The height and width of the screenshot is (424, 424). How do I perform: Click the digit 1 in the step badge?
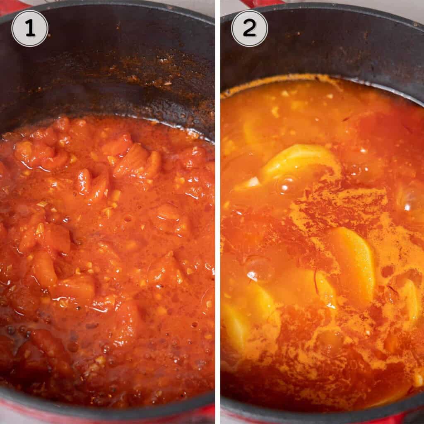[x=30, y=29]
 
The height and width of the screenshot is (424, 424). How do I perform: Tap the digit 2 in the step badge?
[x=249, y=29]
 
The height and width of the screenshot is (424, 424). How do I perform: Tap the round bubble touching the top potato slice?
[x=288, y=185]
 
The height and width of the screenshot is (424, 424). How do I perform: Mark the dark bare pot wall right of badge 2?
[x=331, y=41]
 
